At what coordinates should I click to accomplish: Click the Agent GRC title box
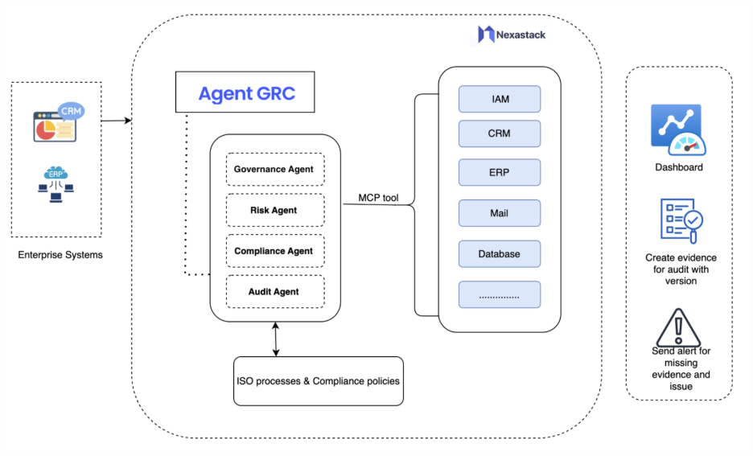(x=245, y=93)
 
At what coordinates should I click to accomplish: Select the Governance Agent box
(x=274, y=170)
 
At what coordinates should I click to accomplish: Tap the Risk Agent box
(x=274, y=210)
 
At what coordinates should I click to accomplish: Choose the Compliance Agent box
(x=274, y=251)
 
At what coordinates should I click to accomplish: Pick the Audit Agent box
(x=274, y=292)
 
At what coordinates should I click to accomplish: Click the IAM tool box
(x=500, y=99)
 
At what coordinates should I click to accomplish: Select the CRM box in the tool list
(x=500, y=134)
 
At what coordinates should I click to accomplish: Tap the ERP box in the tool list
(x=500, y=172)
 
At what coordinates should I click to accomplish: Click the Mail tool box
(x=500, y=213)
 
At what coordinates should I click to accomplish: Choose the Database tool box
(x=500, y=253)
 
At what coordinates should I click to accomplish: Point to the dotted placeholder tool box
(x=500, y=295)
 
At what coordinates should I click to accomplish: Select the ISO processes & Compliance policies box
(x=317, y=380)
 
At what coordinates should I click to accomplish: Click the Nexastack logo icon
(x=486, y=35)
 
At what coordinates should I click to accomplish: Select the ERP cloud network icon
(x=56, y=182)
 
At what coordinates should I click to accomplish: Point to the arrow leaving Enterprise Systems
(x=117, y=121)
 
